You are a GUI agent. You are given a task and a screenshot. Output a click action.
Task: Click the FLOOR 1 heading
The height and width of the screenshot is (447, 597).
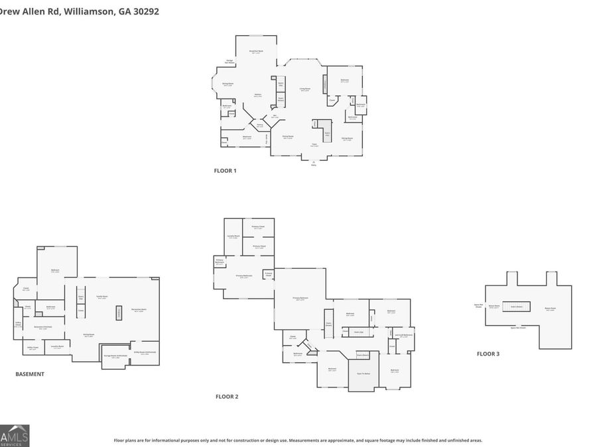(225, 171)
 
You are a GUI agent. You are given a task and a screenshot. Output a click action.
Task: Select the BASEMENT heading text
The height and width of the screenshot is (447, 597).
(30, 374)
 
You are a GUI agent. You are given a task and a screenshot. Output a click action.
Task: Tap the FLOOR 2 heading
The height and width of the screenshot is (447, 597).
(226, 397)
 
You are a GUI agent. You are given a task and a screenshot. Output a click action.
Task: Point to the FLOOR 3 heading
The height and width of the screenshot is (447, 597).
(488, 354)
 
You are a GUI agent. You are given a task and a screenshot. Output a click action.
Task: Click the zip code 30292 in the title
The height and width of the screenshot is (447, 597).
(145, 11)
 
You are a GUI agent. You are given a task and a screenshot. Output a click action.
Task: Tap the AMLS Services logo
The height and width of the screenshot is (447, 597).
(15, 435)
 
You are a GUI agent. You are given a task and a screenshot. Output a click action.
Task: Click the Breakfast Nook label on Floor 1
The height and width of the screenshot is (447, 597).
(256, 52)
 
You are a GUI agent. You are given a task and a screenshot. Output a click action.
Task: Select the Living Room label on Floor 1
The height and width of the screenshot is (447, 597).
(304, 89)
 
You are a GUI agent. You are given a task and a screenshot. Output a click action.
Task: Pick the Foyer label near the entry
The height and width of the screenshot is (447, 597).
(314, 145)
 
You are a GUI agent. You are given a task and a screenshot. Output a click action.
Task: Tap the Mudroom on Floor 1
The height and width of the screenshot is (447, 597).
(247, 138)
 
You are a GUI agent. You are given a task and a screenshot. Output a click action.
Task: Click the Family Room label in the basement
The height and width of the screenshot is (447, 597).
(102, 297)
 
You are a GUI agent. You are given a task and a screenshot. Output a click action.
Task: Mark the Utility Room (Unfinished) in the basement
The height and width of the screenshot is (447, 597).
(145, 353)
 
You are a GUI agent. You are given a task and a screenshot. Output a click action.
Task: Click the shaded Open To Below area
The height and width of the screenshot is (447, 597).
(363, 375)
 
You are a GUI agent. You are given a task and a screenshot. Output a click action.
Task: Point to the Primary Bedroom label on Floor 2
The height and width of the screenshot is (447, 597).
(300, 299)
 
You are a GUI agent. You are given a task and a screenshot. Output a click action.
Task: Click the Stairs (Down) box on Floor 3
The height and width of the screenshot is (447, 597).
(515, 307)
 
